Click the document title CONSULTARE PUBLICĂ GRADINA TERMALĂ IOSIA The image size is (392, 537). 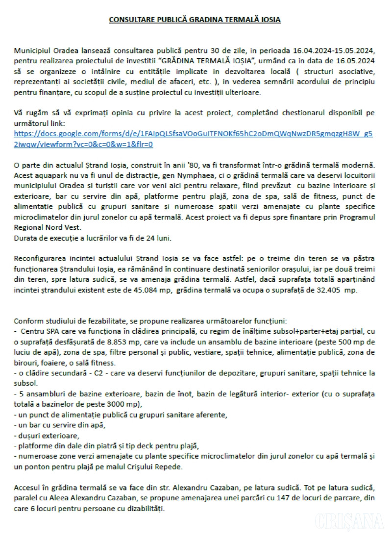[x=195, y=20]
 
